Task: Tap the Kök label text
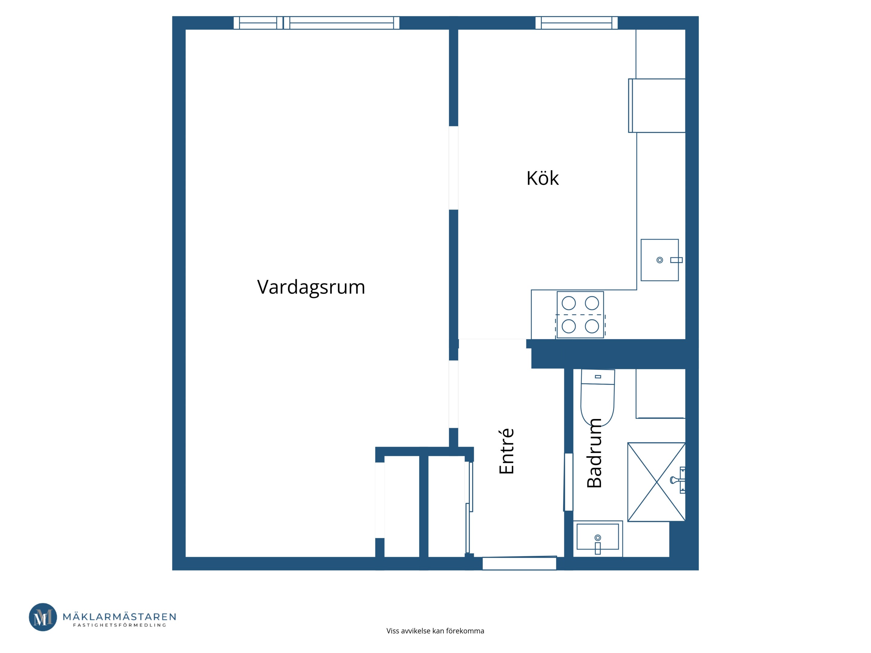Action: pos(543,178)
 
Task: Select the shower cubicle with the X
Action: pos(656,482)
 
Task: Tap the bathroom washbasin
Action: pos(598,538)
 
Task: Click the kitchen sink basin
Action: pos(660,260)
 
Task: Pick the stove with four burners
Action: pos(580,314)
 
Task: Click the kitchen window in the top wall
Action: pos(576,23)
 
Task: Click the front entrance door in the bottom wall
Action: pos(519,563)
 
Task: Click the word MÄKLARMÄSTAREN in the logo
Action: pos(119,616)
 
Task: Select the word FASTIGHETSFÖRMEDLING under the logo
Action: pos(120,625)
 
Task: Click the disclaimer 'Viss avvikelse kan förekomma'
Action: pos(435,631)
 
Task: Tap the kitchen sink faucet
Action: pos(676,260)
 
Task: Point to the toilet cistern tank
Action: pos(598,377)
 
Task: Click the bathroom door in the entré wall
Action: pos(569,482)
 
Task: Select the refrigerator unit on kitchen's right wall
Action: pos(657,106)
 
